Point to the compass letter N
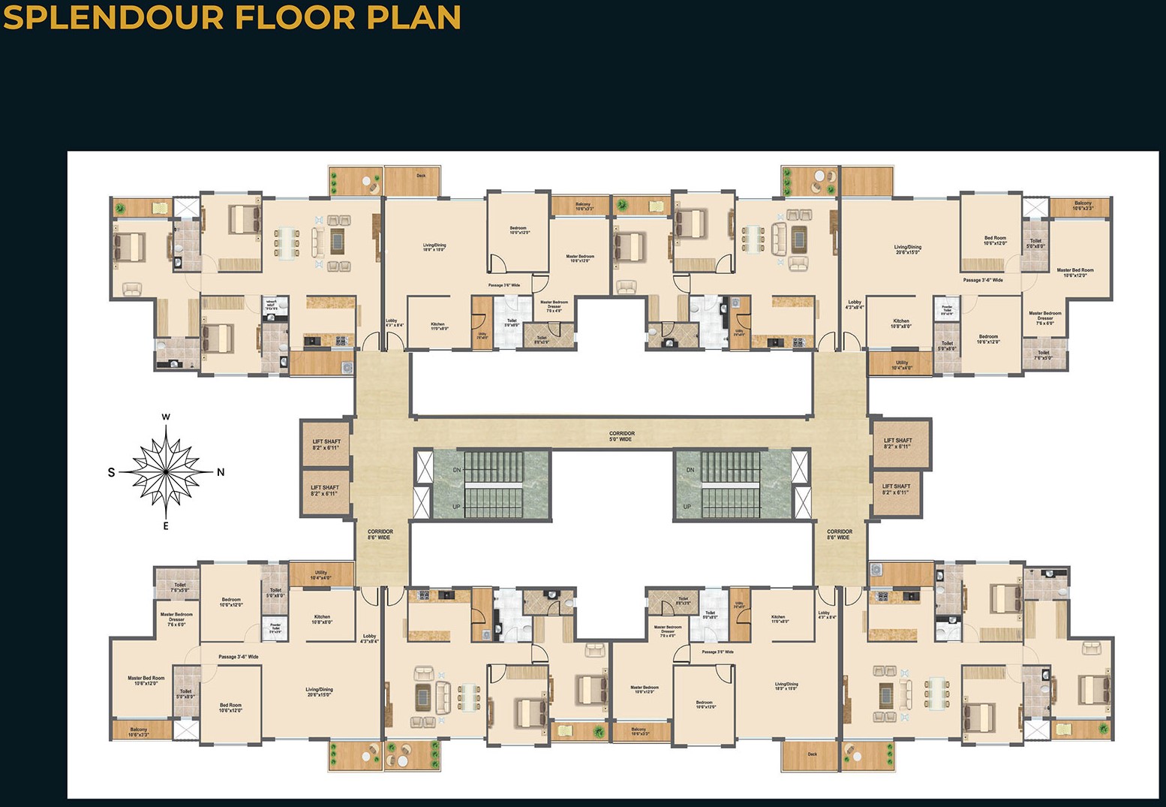pos(221,472)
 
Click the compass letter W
pos(166,417)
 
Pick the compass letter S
pos(112,472)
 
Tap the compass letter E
pos(166,526)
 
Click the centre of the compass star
pos(166,471)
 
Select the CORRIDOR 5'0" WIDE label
pos(622,436)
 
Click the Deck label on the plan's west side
pos(421,176)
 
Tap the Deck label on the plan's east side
pos(812,754)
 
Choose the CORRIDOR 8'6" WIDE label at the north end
pos(839,534)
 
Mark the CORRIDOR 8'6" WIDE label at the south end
pos(380,534)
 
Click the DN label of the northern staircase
pos(690,470)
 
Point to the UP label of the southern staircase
pos(456,507)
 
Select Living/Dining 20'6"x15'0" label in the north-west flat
pos(908,249)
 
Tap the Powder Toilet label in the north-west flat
pos(947,309)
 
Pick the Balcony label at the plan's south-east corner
pos(139,732)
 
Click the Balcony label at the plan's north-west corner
pos(1083,205)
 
